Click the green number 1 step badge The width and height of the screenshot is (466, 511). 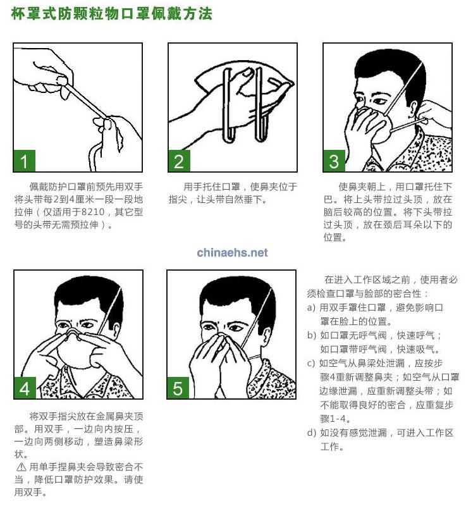24,161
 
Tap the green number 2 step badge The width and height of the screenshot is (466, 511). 179,161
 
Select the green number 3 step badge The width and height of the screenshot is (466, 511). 334,161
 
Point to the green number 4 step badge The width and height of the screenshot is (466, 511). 25,388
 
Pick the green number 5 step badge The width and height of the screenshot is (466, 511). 178,388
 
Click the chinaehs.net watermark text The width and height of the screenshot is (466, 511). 232,252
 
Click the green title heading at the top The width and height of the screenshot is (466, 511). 112,14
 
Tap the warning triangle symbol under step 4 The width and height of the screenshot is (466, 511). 21,467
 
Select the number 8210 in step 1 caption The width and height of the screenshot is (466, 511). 93,212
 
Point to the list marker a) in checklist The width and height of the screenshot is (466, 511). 311,307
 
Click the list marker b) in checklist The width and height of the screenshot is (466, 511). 311,335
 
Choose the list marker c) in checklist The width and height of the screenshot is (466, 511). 311,363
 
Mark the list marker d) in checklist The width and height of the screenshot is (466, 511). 312,433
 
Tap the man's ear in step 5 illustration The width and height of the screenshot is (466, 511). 266,336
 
